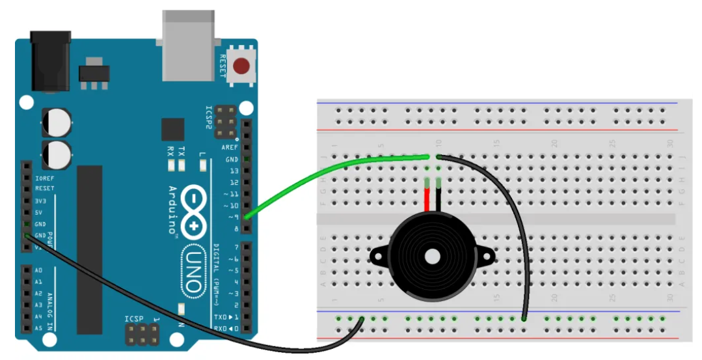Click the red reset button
242,66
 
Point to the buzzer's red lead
427,198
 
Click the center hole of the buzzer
433,256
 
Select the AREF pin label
230,148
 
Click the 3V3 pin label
38,201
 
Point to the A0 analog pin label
38,270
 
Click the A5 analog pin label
38,328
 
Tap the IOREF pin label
42,177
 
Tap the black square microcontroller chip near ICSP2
172,129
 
